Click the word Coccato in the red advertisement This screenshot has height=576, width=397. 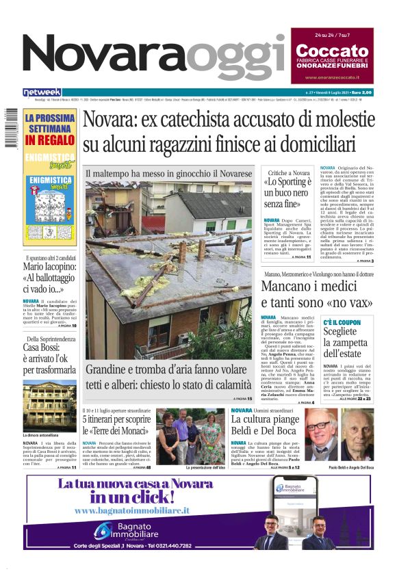tap(333, 51)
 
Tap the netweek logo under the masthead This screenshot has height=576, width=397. tap(42, 92)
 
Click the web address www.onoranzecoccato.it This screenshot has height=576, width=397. tap(333, 77)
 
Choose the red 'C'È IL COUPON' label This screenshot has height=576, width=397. tap(342, 322)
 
